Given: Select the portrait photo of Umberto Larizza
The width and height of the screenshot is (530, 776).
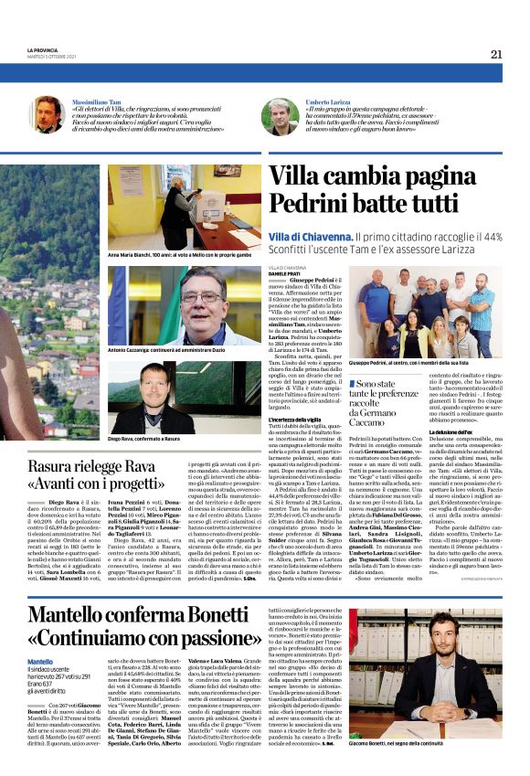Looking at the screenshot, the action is pyautogui.click(x=280, y=116).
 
